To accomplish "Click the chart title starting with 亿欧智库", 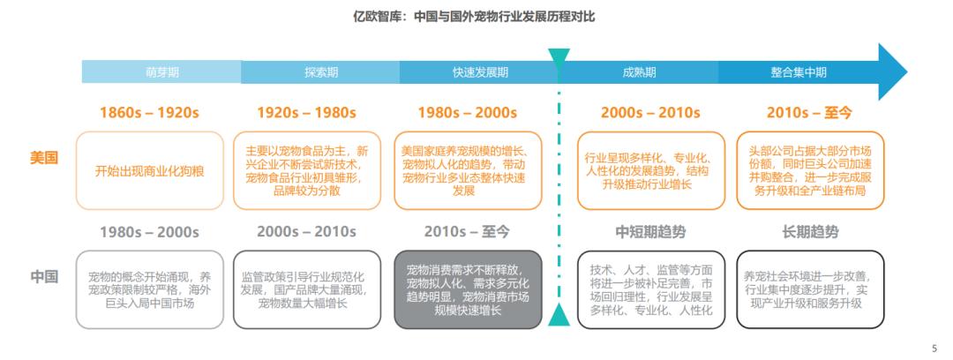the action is coord(474,17).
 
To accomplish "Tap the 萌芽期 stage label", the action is coord(162,72).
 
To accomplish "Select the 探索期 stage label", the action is coord(321,72).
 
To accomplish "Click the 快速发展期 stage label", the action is coord(480,72).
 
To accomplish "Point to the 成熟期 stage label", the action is coord(639,72).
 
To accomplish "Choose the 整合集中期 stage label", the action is coord(799,72).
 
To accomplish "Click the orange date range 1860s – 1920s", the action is coord(149,113).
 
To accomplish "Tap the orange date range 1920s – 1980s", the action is coord(306,113).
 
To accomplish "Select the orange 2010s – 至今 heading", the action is coord(809,113).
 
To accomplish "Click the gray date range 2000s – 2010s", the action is coord(306,232).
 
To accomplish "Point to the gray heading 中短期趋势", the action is coord(650,232).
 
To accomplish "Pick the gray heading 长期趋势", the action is coord(810,232).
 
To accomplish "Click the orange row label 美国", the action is coord(44,158).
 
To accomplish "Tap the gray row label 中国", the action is coord(44,277).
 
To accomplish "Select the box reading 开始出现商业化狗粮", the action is coord(149,171).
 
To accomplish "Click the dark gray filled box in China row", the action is coord(468,289).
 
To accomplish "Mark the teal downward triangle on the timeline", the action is coord(559,57).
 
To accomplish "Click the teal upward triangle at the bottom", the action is coord(559,316).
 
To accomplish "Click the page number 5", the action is coord(934,349).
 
